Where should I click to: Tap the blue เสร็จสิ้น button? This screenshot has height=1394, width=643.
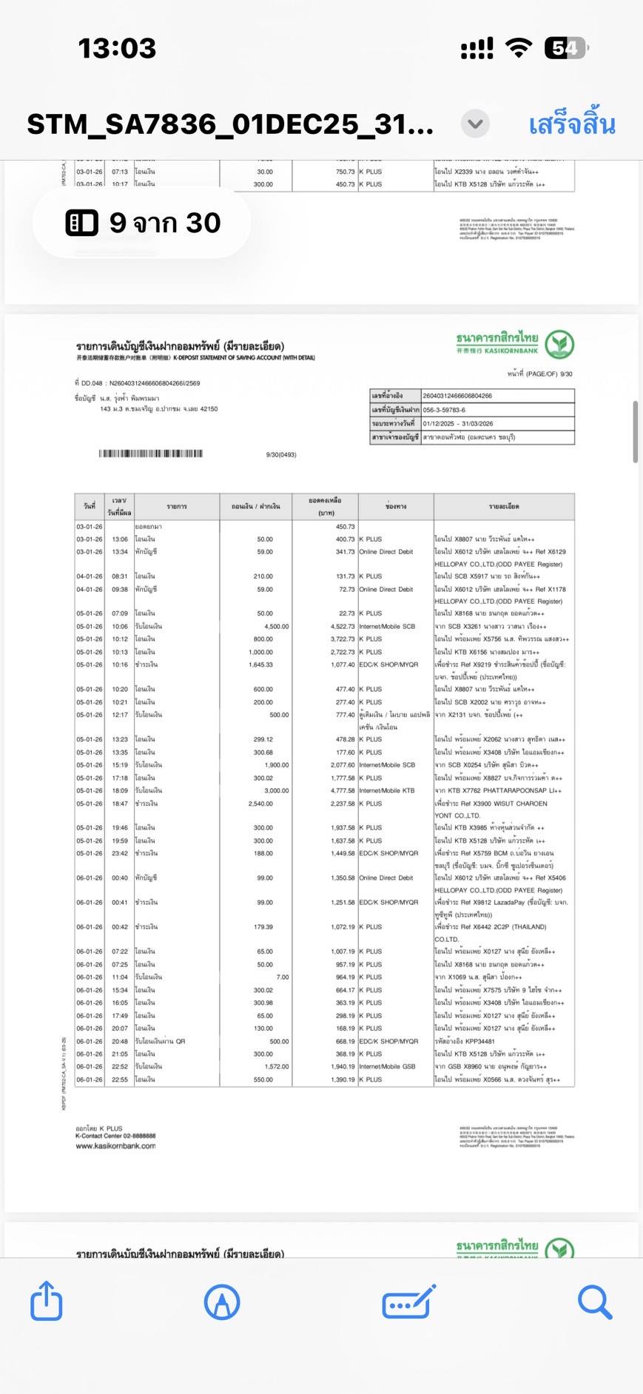(x=571, y=124)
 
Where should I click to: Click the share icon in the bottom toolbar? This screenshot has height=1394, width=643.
(x=46, y=1301)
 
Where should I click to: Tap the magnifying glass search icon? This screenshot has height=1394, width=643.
(x=594, y=1302)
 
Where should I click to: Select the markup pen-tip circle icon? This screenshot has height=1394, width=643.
(x=222, y=1302)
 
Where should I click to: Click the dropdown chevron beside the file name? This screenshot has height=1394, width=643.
(x=475, y=124)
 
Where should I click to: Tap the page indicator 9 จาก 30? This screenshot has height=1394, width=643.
(x=142, y=223)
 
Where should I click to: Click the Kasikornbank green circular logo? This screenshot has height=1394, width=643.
(x=559, y=345)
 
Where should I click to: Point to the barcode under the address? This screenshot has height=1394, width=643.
(x=151, y=454)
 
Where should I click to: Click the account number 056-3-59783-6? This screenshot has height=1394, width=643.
(x=444, y=410)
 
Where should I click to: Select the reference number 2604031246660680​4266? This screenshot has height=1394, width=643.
(x=457, y=396)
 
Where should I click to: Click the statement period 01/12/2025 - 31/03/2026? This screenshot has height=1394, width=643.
(x=458, y=424)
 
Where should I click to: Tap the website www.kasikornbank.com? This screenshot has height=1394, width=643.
(x=115, y=1146)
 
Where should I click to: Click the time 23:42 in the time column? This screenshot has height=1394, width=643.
(x=120, y=854)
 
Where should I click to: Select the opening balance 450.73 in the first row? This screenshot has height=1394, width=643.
(x=345, y=527)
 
